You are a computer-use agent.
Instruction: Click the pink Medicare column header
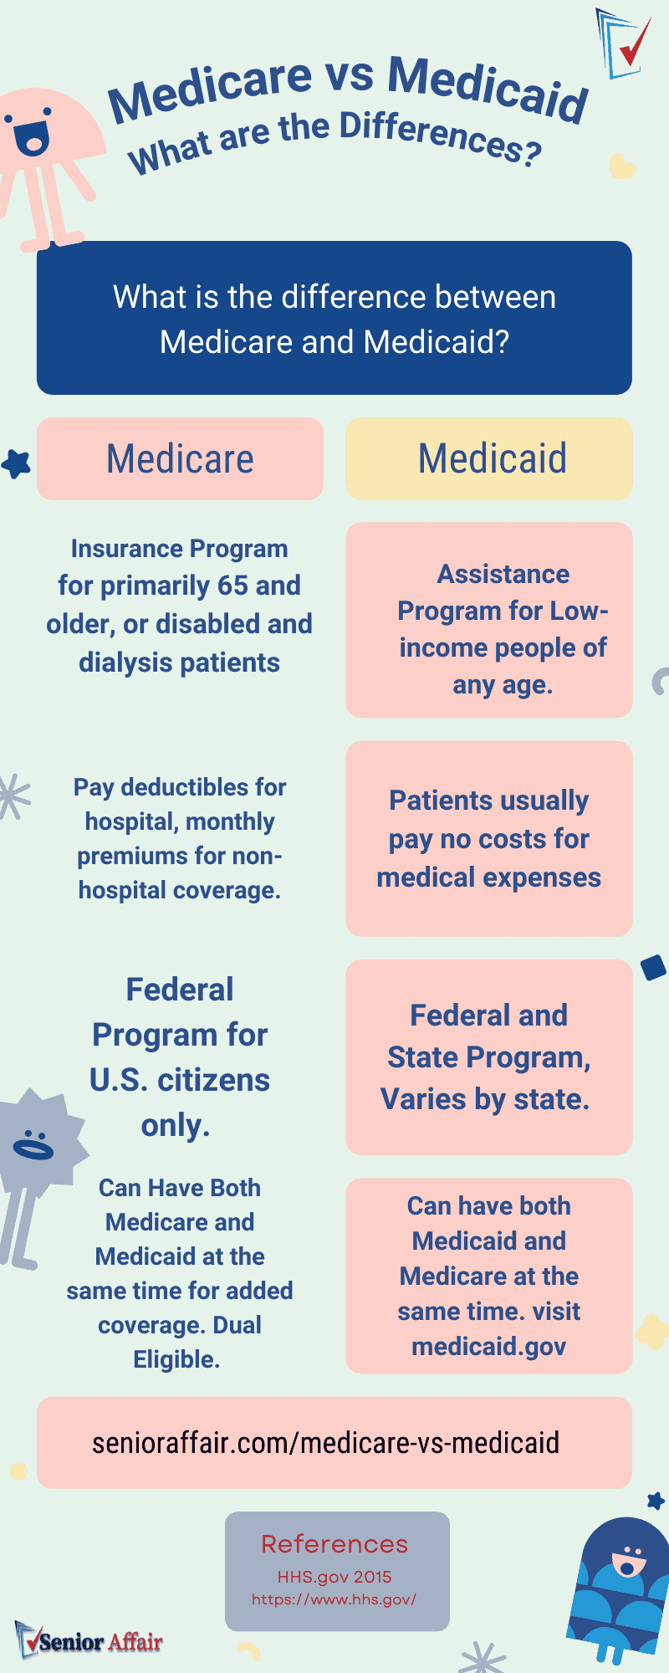pos(180,458)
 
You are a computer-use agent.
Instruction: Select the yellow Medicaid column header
pos(489,458)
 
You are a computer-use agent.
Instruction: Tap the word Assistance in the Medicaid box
pos(503,574)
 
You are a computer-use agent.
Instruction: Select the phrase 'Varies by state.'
pos(485,1098)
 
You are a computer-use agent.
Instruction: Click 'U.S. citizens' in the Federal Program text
pos(180,1080)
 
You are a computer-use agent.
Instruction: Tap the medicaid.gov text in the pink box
pos(489,1346)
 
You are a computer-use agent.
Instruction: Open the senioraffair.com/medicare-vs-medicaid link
pos(325,1442)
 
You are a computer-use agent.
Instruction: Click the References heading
pos(334,1544)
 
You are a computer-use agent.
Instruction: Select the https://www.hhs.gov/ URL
pos(334,1599)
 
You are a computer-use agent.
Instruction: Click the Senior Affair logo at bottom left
pos(89,1642)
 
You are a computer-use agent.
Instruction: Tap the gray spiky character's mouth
pos(32,1149)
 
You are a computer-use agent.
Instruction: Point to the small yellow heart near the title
pos(621,166)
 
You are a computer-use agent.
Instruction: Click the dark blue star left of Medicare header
pos(16,463)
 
